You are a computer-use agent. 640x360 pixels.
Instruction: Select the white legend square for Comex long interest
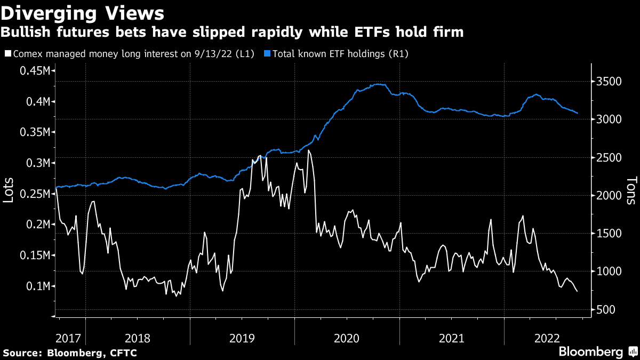[7, 54]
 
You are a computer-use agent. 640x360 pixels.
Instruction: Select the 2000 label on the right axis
[609, 196]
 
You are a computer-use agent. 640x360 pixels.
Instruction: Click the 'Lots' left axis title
[9, 189]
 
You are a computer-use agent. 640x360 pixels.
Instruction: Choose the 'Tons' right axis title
[631, 191]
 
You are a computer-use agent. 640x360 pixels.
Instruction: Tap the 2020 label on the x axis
[347, 338]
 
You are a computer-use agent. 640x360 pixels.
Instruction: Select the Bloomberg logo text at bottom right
[590, 352]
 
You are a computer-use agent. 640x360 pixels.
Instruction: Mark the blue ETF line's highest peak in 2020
[378, 84]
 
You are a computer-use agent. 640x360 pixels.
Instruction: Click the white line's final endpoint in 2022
[577, 291]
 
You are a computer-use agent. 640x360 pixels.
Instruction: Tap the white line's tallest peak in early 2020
[309, 150]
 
